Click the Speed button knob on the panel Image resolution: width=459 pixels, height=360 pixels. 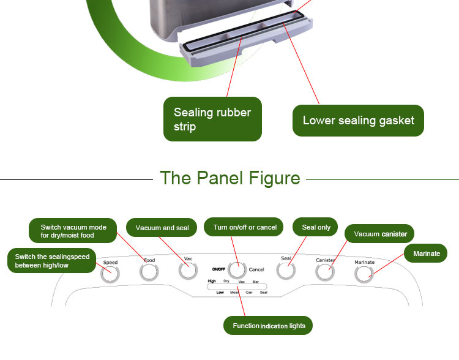[110, 274]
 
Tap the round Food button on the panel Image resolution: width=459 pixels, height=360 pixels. [149, 272]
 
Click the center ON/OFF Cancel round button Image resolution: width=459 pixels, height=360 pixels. [237, 269]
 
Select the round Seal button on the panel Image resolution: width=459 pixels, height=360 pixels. [286, 270]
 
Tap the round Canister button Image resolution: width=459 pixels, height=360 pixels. [325, 272]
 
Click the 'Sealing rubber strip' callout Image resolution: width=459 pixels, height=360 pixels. [212, 119]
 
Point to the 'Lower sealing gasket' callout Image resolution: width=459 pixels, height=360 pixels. [358, 120]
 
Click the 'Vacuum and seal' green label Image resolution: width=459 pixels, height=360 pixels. [162, 228]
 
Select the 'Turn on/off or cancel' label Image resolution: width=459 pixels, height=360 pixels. [244, 227]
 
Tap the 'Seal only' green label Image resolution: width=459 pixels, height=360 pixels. [316, 227]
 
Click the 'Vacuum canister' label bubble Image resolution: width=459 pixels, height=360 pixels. [380, 234]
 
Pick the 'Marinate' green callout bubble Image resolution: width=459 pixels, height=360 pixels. [426, 253]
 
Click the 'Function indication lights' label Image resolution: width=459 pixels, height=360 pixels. [269, 326]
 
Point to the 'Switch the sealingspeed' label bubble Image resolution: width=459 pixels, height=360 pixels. [52, 261]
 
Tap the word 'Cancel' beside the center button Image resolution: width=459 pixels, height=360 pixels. [256, 269]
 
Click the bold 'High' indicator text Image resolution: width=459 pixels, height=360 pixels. [212, 281]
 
